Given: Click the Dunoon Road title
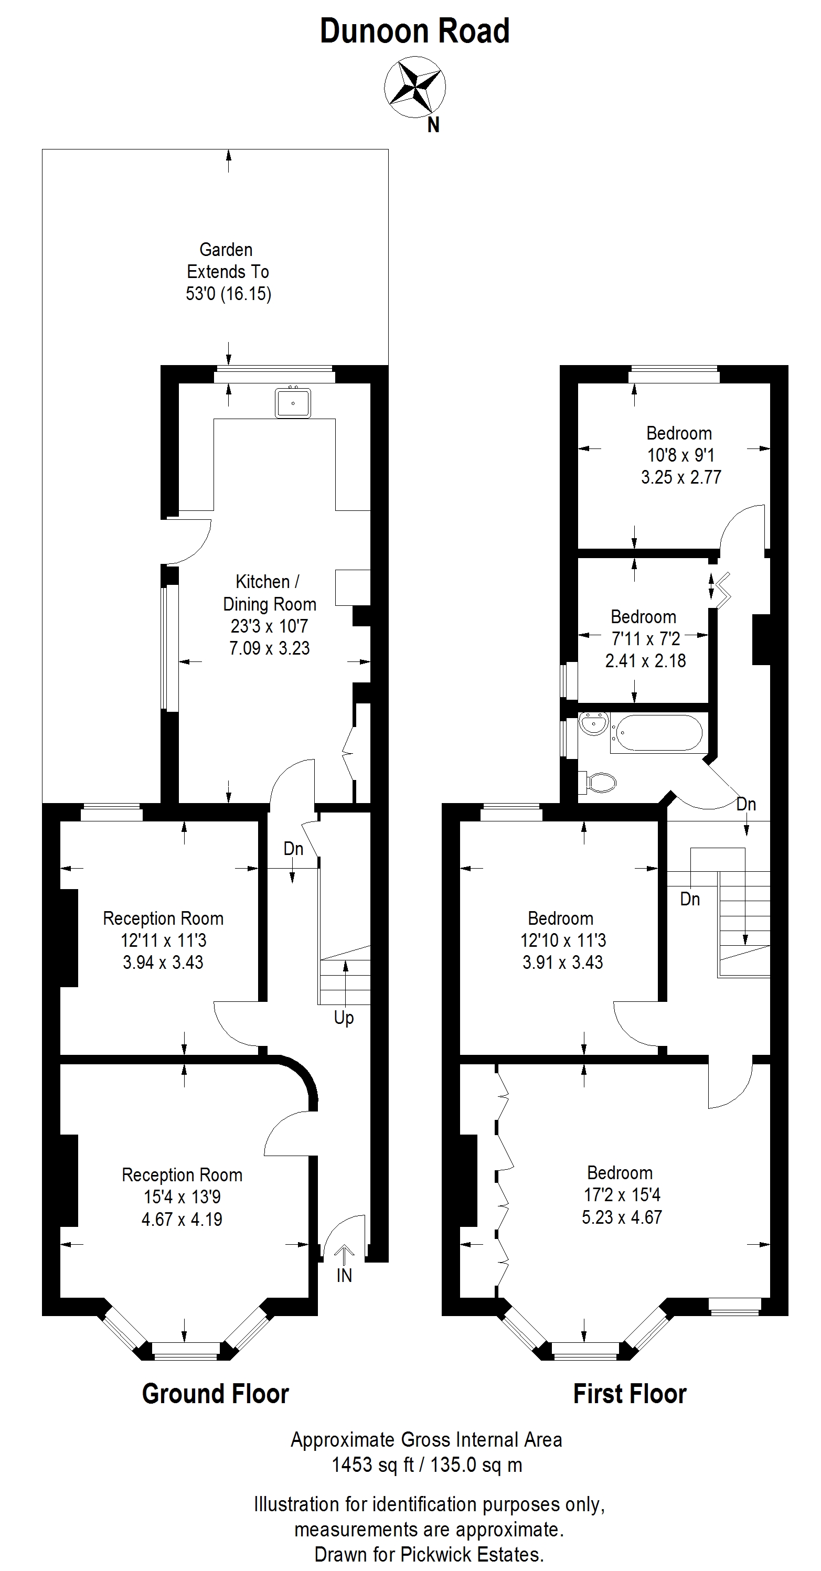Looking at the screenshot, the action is [415, 31].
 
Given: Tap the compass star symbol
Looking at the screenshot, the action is [415, 86].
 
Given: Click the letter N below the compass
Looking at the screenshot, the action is [433, 125].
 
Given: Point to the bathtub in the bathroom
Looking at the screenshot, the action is [659, 732].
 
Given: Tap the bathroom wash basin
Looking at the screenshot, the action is [593, 725].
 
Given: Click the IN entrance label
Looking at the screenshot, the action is [344, 1275].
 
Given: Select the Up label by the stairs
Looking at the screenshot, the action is [344, 1018].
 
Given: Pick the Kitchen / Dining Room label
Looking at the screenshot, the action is [270, 593].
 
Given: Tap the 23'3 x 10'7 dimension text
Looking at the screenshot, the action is [270, 626].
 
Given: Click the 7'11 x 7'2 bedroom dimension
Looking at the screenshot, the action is [646, 638].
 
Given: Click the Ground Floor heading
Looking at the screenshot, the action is [215, 1394].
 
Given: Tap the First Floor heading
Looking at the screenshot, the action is [630, 1394].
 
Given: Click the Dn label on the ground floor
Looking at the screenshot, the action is [293, 848].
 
